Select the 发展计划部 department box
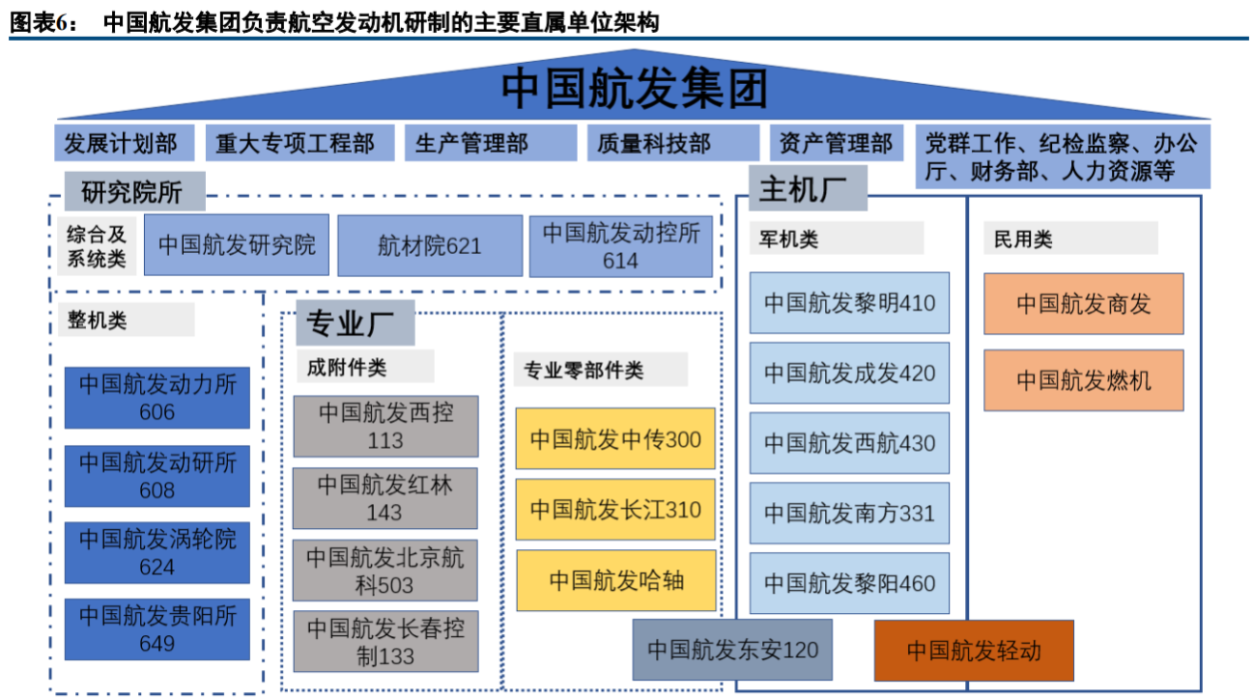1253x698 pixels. click(123, 144)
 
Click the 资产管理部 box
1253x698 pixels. click(837, 144)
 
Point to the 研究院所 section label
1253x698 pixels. click(134, 192)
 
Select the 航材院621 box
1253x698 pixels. click(429, 246)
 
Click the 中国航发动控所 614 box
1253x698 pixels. click(620, 246)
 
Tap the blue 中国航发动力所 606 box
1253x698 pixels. click(157, 398)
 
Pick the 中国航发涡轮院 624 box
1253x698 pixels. click(157, 552)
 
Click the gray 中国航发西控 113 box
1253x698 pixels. click(385, 426)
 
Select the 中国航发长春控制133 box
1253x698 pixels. click(385, 642)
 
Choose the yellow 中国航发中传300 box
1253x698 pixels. click(615, 440)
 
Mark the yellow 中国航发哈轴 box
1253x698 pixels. click(615, 580)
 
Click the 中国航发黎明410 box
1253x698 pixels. click(849, 303)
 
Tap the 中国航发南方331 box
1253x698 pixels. click(849, 514)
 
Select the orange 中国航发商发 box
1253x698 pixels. click(1083, 304)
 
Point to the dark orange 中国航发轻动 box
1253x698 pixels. click(973, 651)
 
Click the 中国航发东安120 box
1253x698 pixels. click(732, 650)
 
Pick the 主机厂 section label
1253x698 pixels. click(808, 188)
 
